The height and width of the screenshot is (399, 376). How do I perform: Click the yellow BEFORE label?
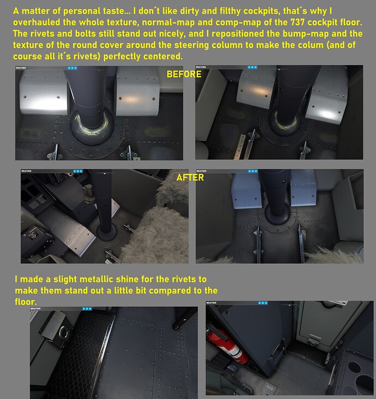(184, 74)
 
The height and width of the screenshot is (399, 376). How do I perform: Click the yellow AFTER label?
(190, 177)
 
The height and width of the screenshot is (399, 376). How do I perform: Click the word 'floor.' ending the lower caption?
(26, 301)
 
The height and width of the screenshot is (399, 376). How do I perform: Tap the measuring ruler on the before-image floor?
(239, 147)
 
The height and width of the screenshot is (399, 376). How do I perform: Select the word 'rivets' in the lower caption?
(184, 279)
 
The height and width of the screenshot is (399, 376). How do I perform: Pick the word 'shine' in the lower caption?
(127, 279)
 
